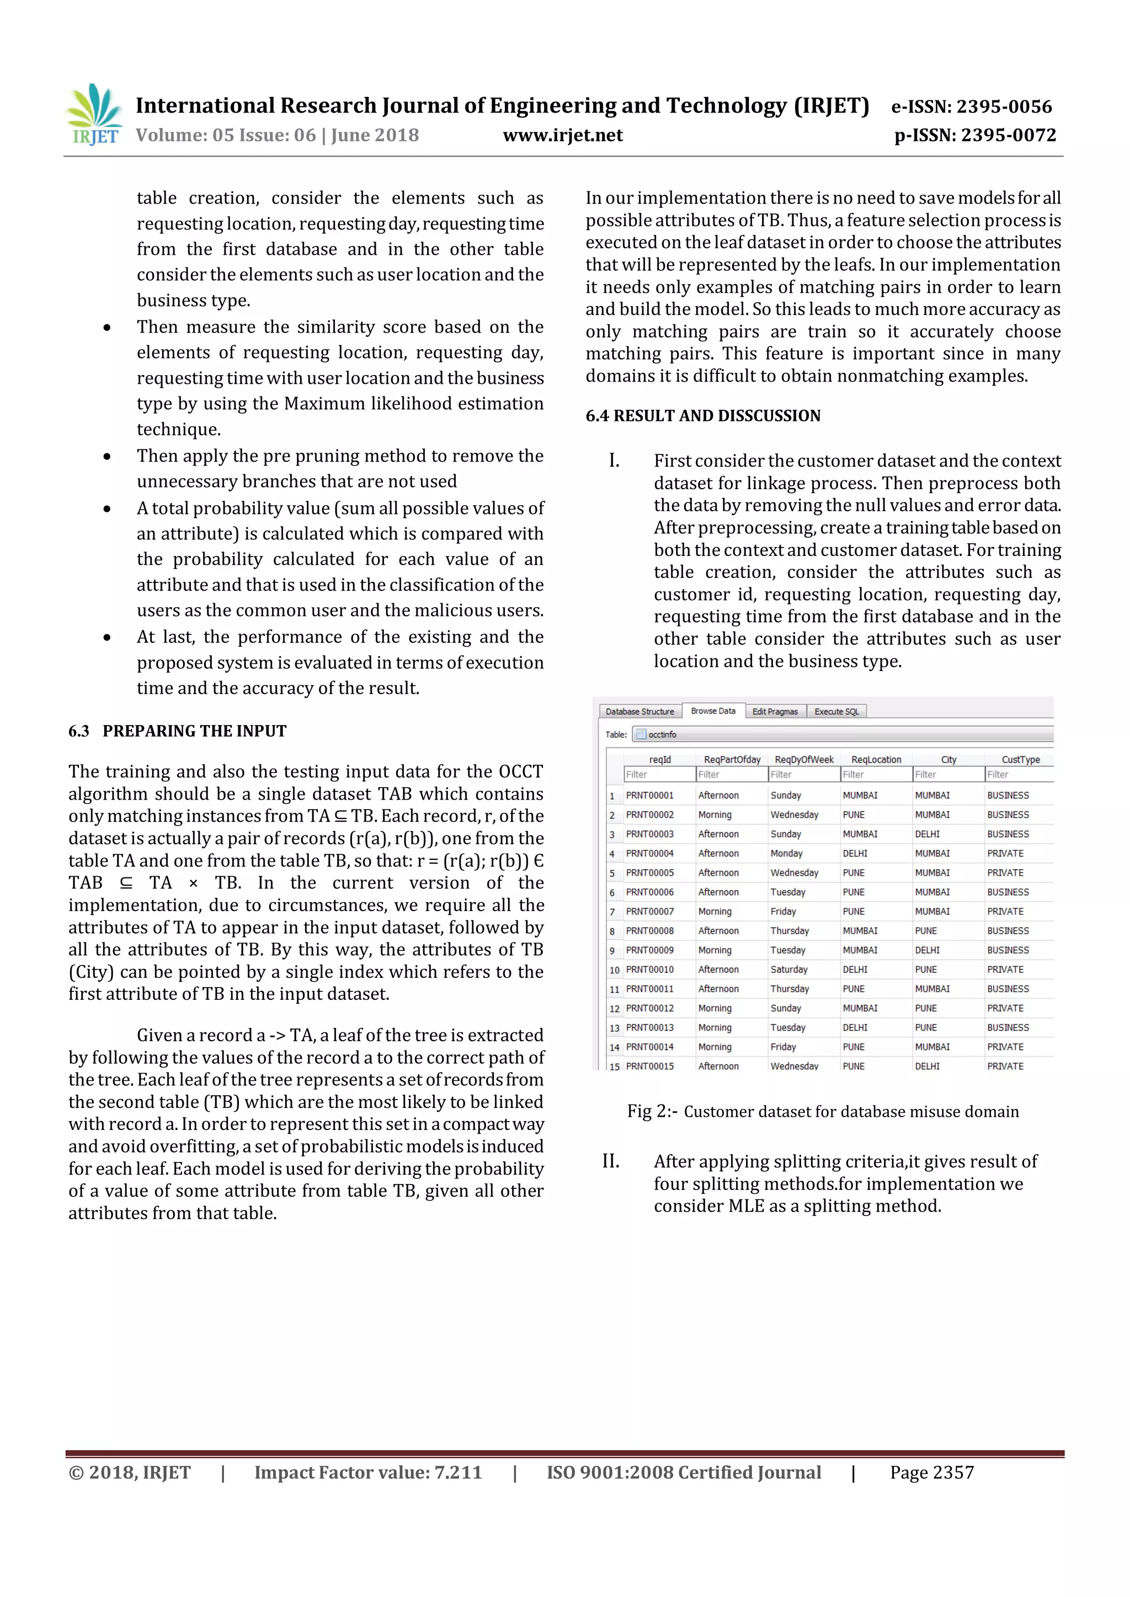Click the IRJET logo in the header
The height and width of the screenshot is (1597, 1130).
pyautogui.click(x=94, y=115)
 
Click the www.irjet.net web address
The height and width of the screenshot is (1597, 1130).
pyautogui.click(x=562, y=135)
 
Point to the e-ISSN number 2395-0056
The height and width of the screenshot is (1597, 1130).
pyautogui.click(x=971, y=106)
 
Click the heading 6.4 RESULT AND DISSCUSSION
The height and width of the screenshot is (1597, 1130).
pyautogui.click(x=703, y=415)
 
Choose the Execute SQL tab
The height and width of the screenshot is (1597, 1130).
pyautogui.click(x=836, y=711)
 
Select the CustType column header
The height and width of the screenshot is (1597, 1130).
pyautogui.click(x=1020, y=759)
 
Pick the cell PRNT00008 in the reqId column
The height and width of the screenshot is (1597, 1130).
pyautogui.click(x=649, y=931)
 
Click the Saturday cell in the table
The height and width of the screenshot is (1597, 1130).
pyautogui.click(x=788, y=969)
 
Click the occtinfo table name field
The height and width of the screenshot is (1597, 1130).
pyautogui.click(x=662, y=735)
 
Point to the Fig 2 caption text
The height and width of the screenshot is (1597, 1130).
pyautogui.click(x=823, y=1112)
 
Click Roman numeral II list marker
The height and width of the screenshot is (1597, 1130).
pyautogui.click(x=610, y=1161)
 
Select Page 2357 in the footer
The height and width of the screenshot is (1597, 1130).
pyautogui.click(x=932, y=1472)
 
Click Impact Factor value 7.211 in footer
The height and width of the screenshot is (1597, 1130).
pyautogui.click(x=367, y=1472)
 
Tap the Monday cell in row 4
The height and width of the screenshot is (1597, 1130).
pyautogui.click(x=786, y=854)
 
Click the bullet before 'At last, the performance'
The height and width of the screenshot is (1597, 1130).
pyautogui.click(x=106, y=637)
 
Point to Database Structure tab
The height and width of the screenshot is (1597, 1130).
pyautogui.click(x=639, y=711)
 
